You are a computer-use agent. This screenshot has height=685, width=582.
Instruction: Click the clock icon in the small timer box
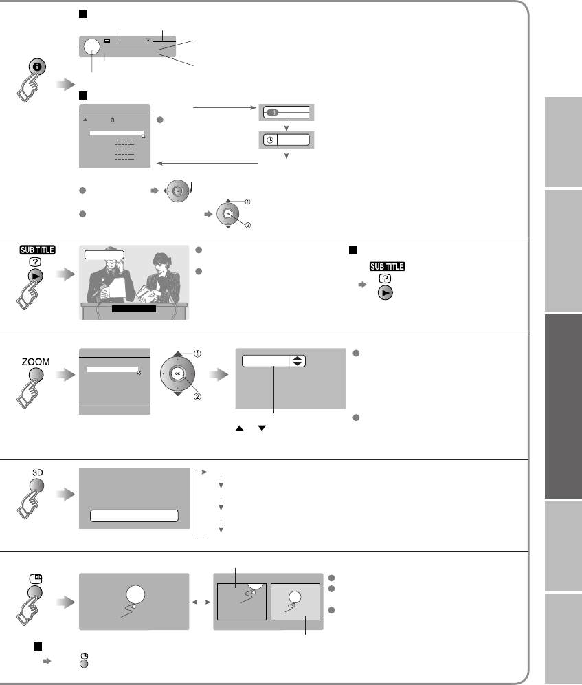269,140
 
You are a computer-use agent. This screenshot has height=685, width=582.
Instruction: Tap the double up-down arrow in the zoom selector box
298,361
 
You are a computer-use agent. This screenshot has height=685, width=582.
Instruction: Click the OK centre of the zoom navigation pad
178,373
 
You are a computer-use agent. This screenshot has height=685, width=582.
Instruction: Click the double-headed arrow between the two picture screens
201,600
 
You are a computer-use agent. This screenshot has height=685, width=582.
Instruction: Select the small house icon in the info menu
112,120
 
